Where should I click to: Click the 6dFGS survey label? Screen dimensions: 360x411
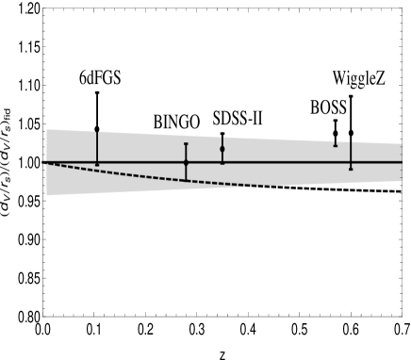tap(100, 79)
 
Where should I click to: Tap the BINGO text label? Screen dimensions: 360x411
tap(176, 123)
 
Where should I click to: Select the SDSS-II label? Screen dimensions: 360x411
tap(237, 119)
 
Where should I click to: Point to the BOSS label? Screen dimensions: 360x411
tap(328, 108)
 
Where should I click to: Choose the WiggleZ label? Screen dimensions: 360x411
tap(358, 79)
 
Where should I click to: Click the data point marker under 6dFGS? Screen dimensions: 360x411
tap(97, 165)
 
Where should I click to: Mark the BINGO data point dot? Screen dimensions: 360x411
tap(186, 163)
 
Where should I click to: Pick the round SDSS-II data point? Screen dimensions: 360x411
tap(222, 149)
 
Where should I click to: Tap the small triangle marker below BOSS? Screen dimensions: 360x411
tap(335, 143)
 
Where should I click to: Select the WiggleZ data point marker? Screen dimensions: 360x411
tap(351, 168)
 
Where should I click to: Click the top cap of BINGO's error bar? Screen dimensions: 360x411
tap(186, 143)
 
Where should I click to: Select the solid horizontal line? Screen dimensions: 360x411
tap(283, 162)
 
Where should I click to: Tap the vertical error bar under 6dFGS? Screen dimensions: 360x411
tap(97, 146)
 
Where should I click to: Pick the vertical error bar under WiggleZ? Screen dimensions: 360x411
tap(351, 154)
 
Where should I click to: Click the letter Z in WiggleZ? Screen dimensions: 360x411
tap(379, 79)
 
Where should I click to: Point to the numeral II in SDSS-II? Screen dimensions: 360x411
tap(255, 119)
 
